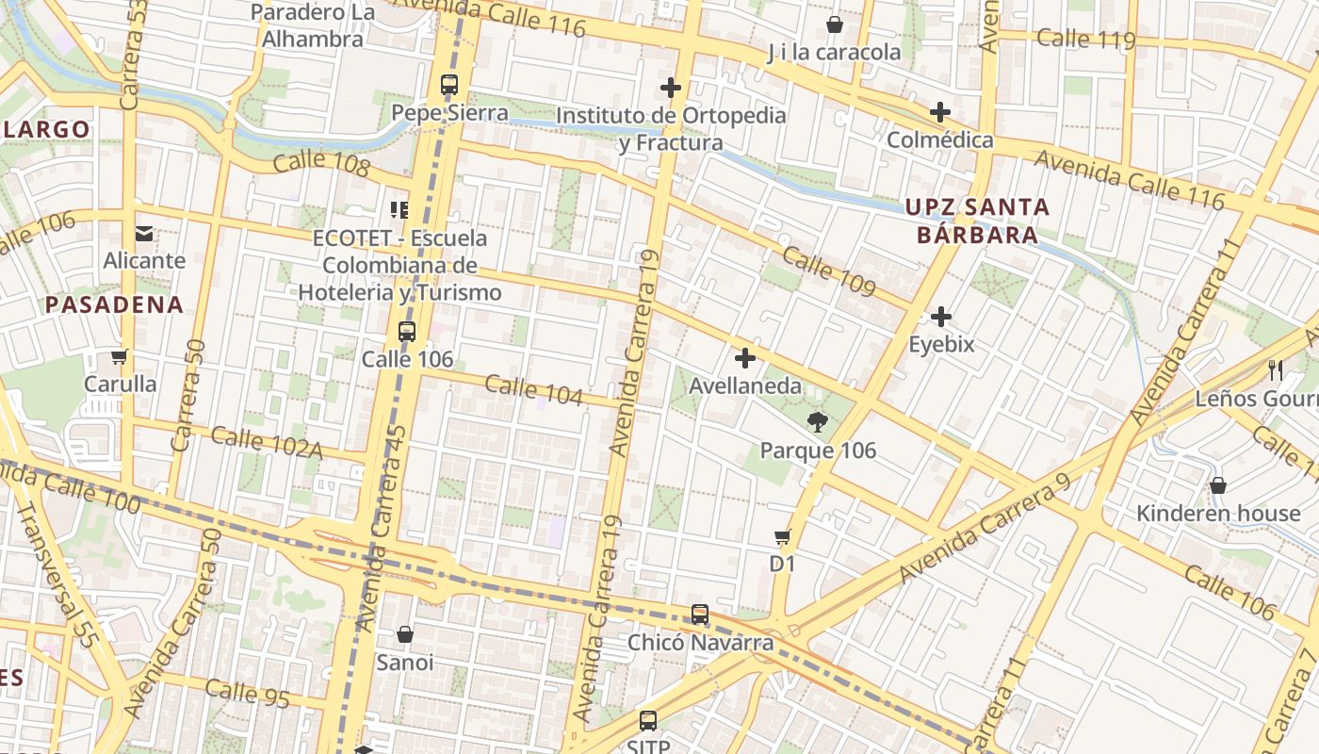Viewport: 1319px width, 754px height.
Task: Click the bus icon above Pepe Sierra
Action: click(x=449, y=85)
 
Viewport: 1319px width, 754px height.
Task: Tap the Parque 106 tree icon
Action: click(x=817, y=422)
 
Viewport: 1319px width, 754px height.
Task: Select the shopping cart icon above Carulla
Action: click(x=119, y=357)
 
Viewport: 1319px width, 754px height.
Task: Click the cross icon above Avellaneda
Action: click(x=745, y=358)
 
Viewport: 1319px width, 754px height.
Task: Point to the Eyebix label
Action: click(x=941, y=345)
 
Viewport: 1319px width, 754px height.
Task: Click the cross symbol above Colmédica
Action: click(x=939, y=112)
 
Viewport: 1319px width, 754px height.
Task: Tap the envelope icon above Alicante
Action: click(x=144, y=233)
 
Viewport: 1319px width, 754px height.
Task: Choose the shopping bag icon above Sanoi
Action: click(x=405, y=634)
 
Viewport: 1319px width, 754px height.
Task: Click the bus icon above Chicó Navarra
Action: click(x=699, y=615)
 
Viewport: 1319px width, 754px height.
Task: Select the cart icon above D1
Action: click(x=782, y=537)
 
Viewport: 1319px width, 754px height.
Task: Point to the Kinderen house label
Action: click(x=1217, y=514)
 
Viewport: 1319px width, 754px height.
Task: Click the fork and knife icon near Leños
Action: click(x=1277, y=369)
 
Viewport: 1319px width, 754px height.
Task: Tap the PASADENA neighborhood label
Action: click(x=114, y=304)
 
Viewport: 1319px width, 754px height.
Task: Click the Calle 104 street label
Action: click(x=533, y=390)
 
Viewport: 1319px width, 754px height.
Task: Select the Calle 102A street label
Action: click(x=267, y=443)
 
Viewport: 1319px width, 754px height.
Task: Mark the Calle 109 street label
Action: click(x=829, y=273)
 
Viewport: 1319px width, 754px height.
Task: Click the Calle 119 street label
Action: click(x=1085, y=40)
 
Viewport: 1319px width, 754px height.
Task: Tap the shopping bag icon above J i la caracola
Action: click(x=834, y=24)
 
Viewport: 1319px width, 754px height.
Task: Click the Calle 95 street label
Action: click(x=247, y=693)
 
